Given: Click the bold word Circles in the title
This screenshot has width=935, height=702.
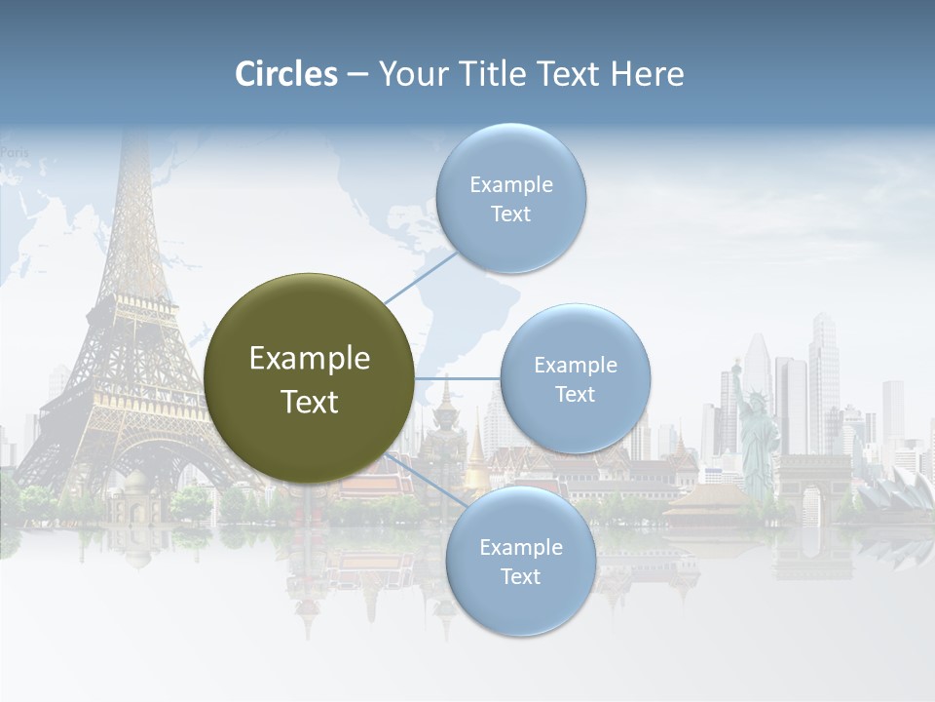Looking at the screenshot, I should [286, 74].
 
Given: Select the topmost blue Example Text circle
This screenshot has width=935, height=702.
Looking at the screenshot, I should [510, 198].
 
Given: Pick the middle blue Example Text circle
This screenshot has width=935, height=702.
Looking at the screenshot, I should [576, 378].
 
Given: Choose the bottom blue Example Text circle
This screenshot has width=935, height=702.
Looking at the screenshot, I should [520, 562].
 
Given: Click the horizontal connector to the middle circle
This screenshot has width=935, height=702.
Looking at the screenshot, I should [458, 378].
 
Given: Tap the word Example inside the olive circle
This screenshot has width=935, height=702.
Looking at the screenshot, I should [309, 359].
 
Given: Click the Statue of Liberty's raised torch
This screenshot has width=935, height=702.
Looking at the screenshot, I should [736, 368].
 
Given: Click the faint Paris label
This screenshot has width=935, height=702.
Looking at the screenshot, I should [15, 152].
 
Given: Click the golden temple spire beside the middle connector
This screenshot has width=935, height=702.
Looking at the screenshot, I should [476, 458].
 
